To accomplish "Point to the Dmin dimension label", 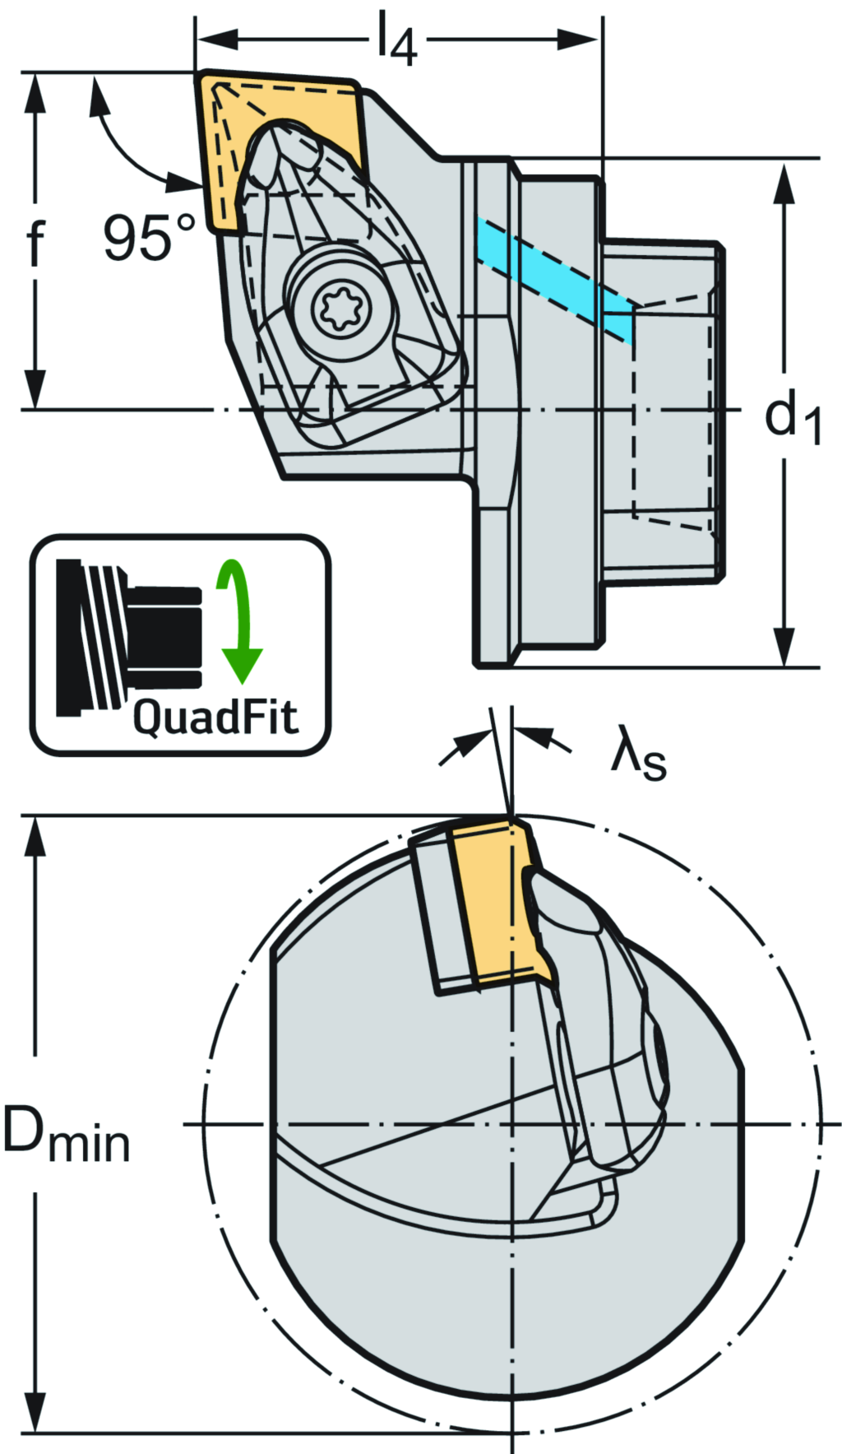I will pyautogui.click(x=66, y=1135).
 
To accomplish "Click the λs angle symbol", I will pyautogui.click(x=638, y=756).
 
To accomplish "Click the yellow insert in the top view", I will pyautogui.click(x=247, y=140).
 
